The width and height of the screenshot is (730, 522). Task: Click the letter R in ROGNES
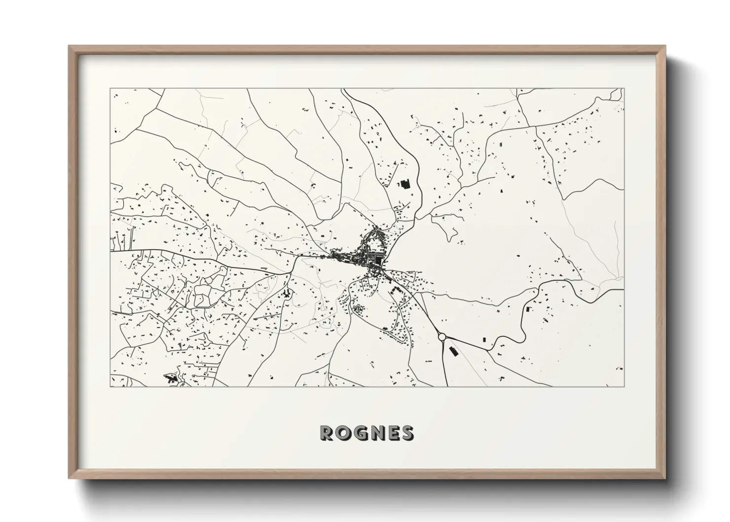pos(328,433)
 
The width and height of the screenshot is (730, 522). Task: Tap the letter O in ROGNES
pos(345,433)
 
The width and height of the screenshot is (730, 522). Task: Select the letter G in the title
pos(363,433)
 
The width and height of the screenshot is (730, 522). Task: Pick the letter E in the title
pos(395,433)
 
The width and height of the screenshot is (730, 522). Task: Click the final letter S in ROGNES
pos(408,433)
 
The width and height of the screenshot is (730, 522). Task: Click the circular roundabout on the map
pos(441,336)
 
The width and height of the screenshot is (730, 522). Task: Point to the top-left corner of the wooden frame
pos(70,46)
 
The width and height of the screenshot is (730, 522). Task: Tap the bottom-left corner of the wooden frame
pos(70,478)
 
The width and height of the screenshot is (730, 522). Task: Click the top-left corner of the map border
pos(110,89)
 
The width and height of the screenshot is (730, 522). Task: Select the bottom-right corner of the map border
pos(624,386)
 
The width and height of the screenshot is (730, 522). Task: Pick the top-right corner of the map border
pos(624,89)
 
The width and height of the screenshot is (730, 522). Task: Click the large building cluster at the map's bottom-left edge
pos(171,379)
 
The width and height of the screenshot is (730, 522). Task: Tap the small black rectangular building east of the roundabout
pos(483,340)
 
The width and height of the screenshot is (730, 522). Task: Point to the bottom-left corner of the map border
pos(110,386)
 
